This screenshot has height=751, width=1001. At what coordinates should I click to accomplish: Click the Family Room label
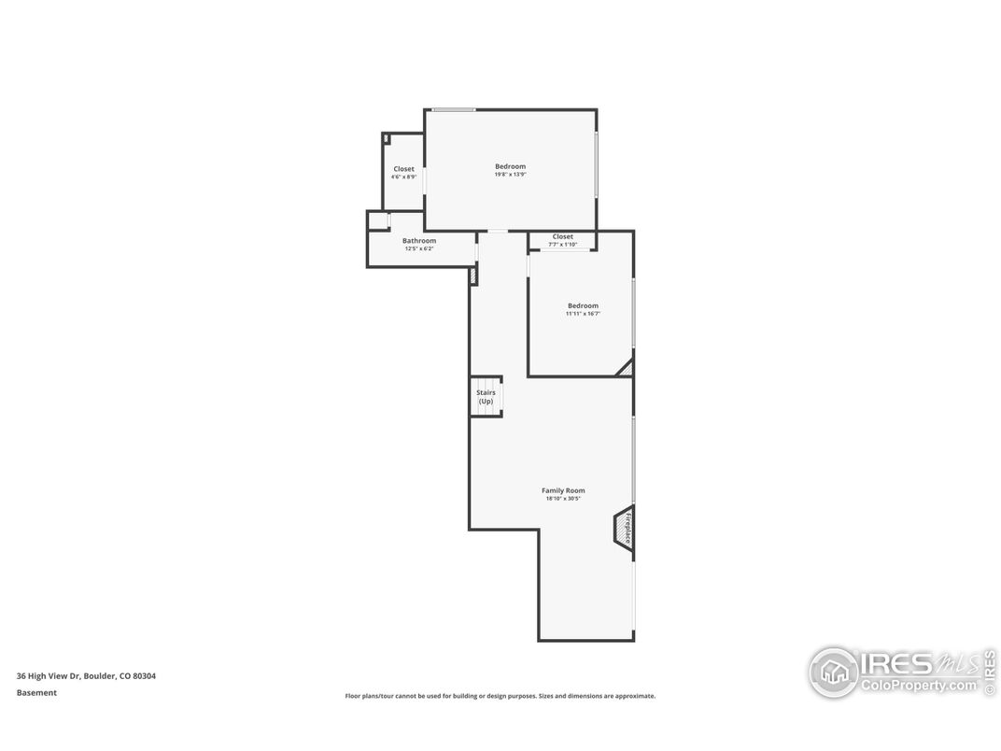[563, 490]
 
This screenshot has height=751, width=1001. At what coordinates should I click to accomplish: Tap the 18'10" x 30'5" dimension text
[563, 499]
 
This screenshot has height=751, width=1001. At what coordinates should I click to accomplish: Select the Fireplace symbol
[624, 528]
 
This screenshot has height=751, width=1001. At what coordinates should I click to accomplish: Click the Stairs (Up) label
[486, 397]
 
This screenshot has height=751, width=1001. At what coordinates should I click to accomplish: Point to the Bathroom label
[419, 241]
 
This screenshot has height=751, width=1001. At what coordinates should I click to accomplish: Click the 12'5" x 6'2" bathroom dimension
[419, 248]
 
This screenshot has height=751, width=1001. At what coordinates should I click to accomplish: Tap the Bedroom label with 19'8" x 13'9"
[510, 166]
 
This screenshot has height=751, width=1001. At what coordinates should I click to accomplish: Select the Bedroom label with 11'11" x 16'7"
[583, 305]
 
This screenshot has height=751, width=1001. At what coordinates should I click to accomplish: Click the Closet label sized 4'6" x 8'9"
[403, 169]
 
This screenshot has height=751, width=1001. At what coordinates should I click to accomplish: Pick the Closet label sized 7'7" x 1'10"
[562, 236]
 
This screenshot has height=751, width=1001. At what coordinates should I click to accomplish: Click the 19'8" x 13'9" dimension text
[510, 175]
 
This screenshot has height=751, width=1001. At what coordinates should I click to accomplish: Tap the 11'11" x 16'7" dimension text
[583, 314]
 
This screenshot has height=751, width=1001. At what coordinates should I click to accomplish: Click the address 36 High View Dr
[49, 675]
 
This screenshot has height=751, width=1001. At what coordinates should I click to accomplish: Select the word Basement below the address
[36, 692]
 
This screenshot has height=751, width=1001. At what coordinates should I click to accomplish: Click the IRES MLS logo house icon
[833, 672]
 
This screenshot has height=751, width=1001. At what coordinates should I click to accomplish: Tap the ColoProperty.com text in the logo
[918, 686]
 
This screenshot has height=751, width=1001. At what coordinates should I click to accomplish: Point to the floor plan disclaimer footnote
[500, 696]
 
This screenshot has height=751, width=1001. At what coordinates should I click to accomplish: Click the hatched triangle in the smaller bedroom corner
[625, 368]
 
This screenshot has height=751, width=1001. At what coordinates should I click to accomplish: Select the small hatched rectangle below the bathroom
[473, 276]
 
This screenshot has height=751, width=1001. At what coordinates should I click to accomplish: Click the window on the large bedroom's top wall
[454, 110]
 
